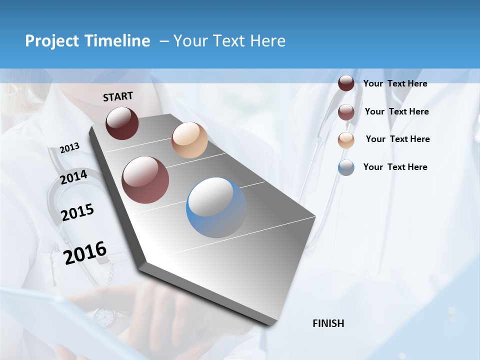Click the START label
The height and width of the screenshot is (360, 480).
pyautogui.click(x=118, y=96)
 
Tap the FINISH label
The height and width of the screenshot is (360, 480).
pyautogui.click(x=328, y=323)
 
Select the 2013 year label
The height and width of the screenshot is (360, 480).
pyautogui.click(x=69, y=148)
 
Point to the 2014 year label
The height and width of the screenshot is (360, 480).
pyautogui.click(x=73, y=177)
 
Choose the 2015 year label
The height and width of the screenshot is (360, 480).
pyautogui.click(x=77, y=212)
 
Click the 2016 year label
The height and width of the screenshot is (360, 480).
pyautogui.click(x=85, y=252)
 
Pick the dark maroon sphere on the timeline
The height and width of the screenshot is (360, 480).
pyautogui.click(x=122, y=123)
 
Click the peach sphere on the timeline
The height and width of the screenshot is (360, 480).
pyautogui.click(x=189, y=140)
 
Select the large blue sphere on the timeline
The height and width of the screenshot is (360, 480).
pyautogui.click(x=216, y=207)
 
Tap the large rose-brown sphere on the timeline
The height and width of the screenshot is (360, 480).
pyautogui.click(x=145, y=180)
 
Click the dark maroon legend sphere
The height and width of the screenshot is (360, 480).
pyautogui.click(x=346, y=83)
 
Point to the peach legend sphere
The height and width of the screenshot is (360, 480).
pyautogui.click(x=346, y=140)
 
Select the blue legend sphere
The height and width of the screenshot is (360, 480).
pyautogui.click(x=346, y=167)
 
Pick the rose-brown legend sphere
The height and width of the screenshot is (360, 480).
pyautogui.click(x=346, y=112)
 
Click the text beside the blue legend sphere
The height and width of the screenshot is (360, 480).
pyautogui.click(x=395, y=167)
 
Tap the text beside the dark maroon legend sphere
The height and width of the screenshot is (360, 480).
pyautogui.click(x=395, y=83)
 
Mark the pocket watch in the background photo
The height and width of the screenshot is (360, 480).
pyautogui.click(x=104, y=317)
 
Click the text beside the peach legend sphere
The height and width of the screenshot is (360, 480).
pyautogui.click(x=397, y=139)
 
